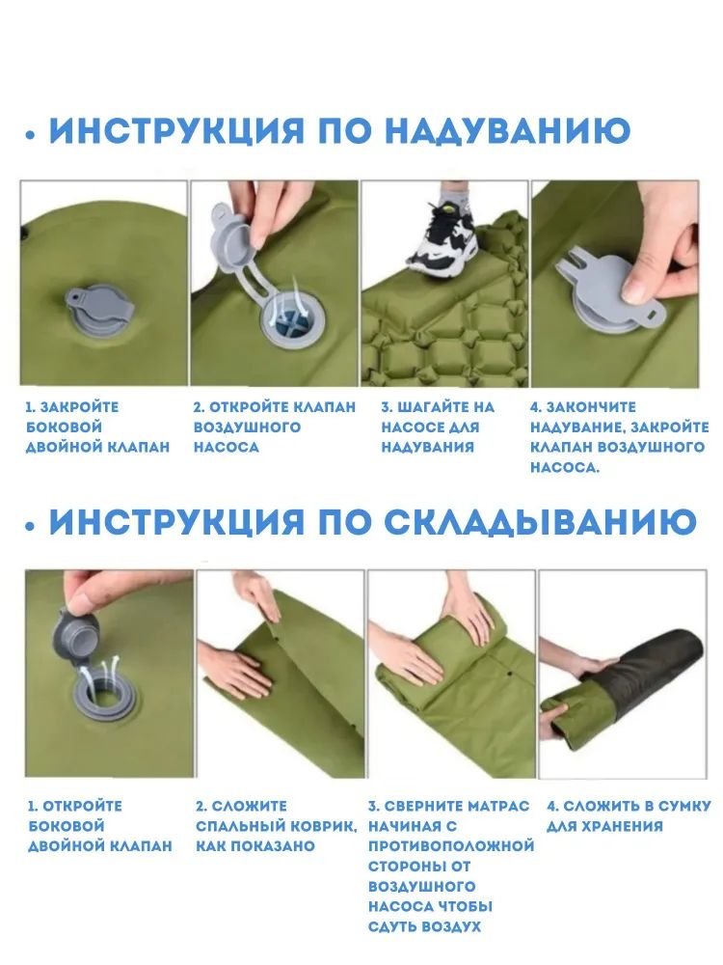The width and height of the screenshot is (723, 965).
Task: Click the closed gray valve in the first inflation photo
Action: [x=99, y=312]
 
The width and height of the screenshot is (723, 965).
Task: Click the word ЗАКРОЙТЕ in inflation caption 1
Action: [x=80, y=407]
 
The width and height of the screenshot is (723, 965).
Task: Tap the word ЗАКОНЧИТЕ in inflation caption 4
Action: [x=582, y=407]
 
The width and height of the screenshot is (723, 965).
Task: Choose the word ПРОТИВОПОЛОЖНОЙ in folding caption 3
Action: [x=451, y=846]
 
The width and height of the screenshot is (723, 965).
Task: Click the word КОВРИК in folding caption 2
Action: [x=320, y=827]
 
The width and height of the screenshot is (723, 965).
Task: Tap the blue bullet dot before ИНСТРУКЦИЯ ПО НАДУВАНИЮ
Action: [x=30, y=135]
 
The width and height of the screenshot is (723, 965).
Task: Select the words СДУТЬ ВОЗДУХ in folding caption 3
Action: [x=424, y=926]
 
